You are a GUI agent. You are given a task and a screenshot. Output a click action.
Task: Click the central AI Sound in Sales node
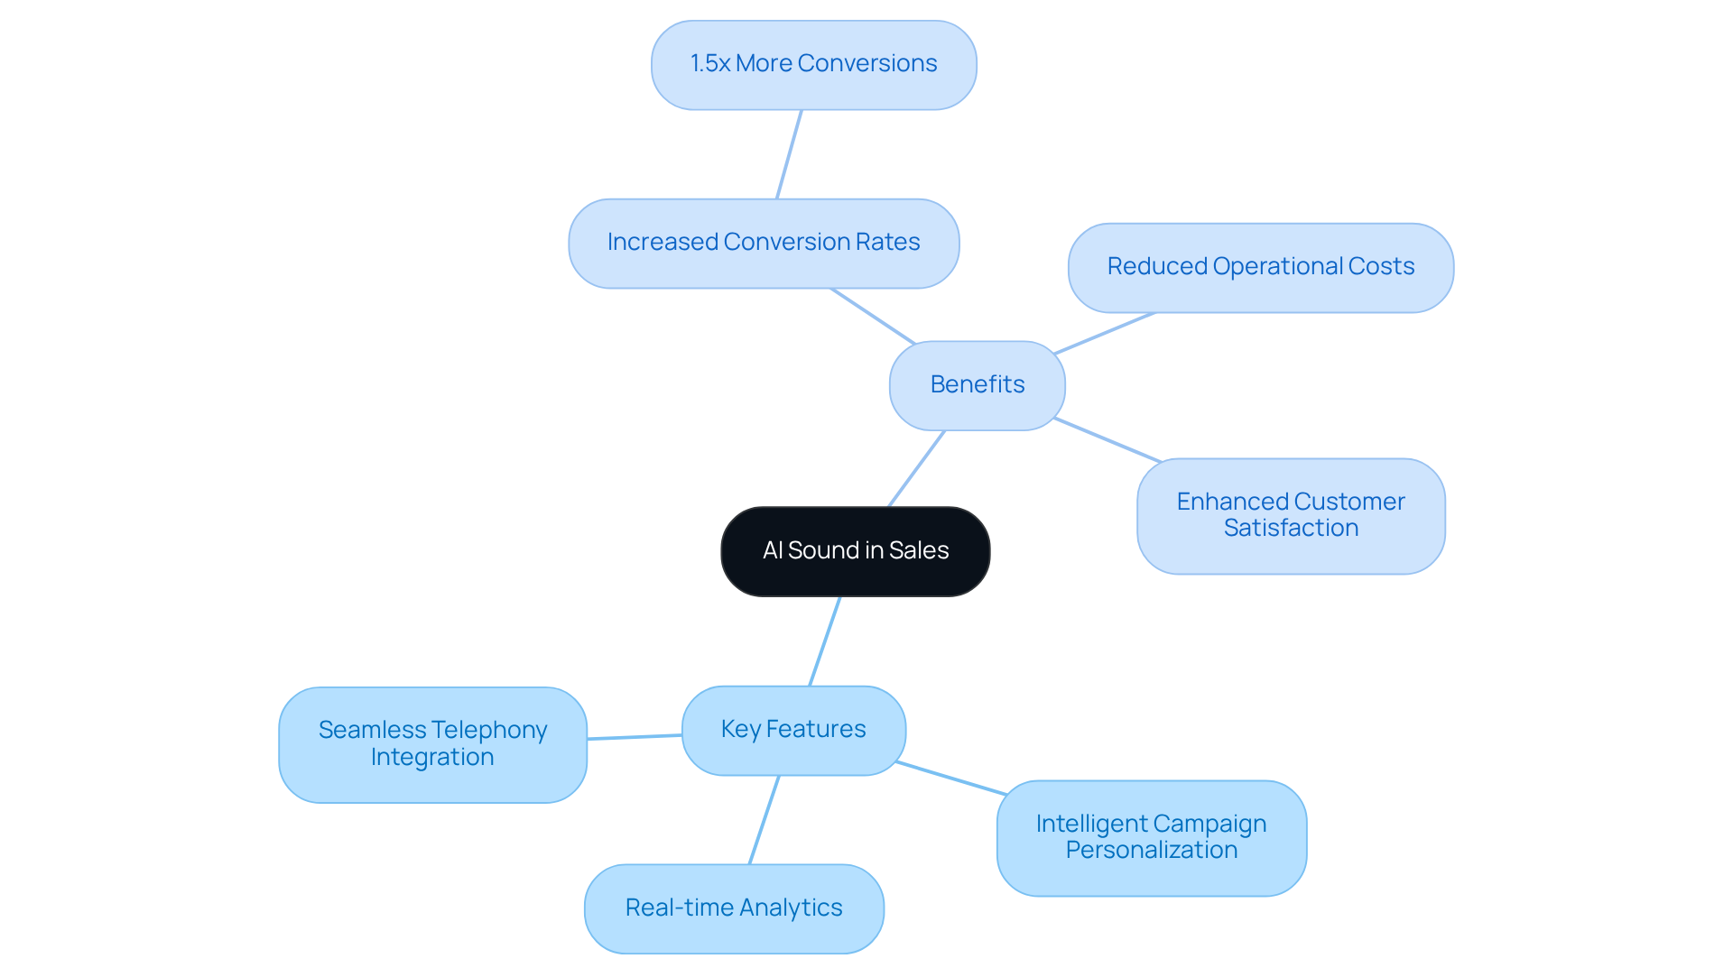point(855,551)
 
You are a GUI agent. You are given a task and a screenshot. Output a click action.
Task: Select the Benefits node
point(977,385)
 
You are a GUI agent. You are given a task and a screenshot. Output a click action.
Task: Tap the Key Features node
point(793,730)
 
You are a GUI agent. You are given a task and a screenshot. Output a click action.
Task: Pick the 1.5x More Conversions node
point(813,65)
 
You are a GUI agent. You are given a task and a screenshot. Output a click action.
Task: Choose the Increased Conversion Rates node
point(763,243)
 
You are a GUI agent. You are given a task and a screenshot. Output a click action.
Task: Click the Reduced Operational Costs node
point(1260,267)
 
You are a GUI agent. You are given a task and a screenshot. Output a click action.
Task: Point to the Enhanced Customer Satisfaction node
point(1290,515)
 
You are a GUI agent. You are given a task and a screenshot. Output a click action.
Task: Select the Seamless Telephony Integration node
point(432,744)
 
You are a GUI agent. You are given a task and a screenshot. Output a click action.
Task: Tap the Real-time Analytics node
point(733,908)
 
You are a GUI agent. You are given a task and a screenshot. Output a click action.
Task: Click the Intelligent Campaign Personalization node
point(1151,837)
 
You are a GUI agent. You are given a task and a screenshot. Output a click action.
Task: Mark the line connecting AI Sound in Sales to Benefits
point(916,469)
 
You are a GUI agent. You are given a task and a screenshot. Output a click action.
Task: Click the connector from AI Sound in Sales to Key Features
point(825,641)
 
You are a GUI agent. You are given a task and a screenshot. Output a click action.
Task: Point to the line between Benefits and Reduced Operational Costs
point(1104,334)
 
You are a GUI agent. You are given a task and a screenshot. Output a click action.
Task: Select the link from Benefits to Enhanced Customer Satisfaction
point(1107,440)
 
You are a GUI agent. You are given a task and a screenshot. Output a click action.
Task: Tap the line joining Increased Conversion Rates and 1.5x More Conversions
point(789,154)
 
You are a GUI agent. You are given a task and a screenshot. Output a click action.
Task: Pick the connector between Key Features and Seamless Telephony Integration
point(635,737)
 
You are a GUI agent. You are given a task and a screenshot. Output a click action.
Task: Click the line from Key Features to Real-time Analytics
point(764,820)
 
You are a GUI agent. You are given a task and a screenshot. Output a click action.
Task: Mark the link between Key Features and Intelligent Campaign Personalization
point(950,779)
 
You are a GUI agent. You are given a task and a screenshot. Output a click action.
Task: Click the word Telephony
point(488,730)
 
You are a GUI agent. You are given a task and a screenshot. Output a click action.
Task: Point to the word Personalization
point(1151,851)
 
